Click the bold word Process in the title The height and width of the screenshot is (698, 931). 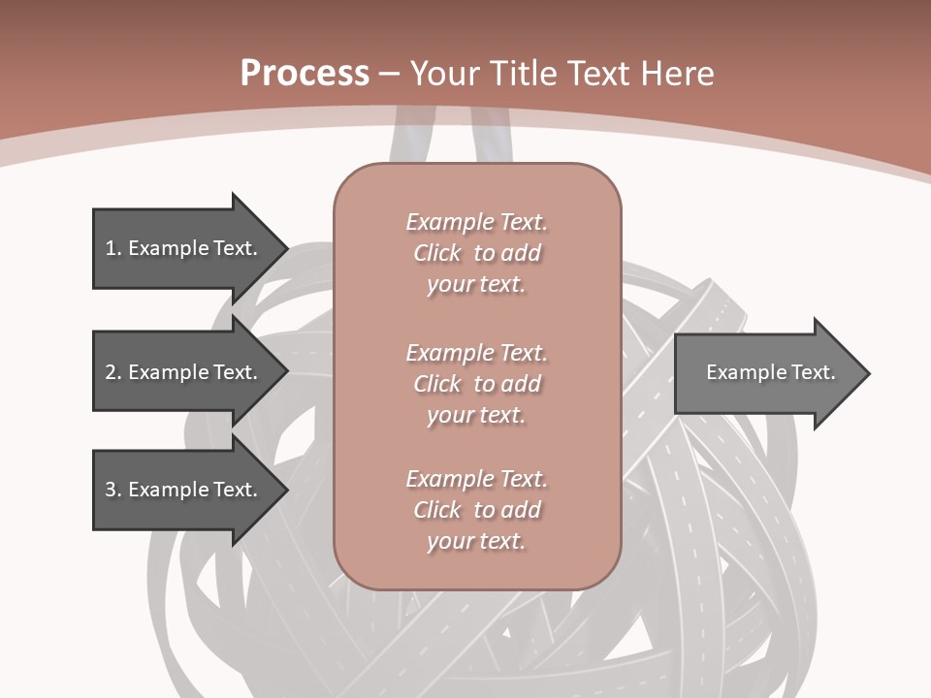[x=305, y=74]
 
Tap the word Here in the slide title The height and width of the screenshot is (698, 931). [x=679, y=74]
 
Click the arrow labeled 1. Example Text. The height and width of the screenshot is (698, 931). [x=184, y=248]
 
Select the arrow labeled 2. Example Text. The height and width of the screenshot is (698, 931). [x=184, y=372]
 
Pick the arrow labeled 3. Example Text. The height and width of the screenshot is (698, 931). [x=184, y=490]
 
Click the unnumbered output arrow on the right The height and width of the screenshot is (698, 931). [x=766, y=372]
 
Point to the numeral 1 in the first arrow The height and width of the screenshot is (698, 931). [x=110, y=248]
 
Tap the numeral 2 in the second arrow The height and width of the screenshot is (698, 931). [x=111, y=372]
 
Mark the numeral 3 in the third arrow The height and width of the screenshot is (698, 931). [x=111, y=490]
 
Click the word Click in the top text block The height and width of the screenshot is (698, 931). [x=437, y=254]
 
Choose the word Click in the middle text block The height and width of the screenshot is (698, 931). [x=437, y=384]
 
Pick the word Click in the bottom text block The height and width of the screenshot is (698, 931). [x=437, y=510]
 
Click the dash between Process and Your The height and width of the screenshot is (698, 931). [x=390, y=74]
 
